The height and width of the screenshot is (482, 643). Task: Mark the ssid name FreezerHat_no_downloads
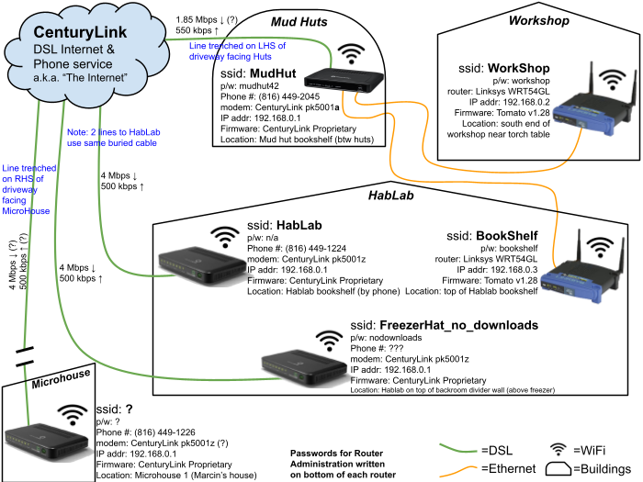point(458,325)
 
